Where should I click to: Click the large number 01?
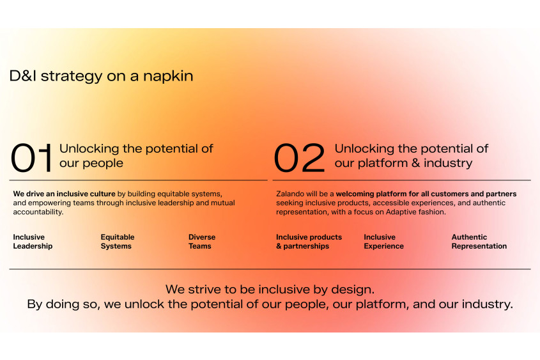click(x=31, y=159)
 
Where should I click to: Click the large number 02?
click(x=299, y=159)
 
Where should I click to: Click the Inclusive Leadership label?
click(x=33, y=242)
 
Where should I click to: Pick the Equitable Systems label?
click(x=117, y=242)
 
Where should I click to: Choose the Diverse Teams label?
click(x=201, y=242)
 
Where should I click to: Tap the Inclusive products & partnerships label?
click(x=309, y=242)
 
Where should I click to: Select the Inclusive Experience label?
click(x=383, y=242)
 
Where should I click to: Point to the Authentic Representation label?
click(x=479, y=242)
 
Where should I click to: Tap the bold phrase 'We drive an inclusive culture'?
click(x=64, y=194)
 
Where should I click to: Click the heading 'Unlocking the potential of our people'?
click(x=135, y=155)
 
